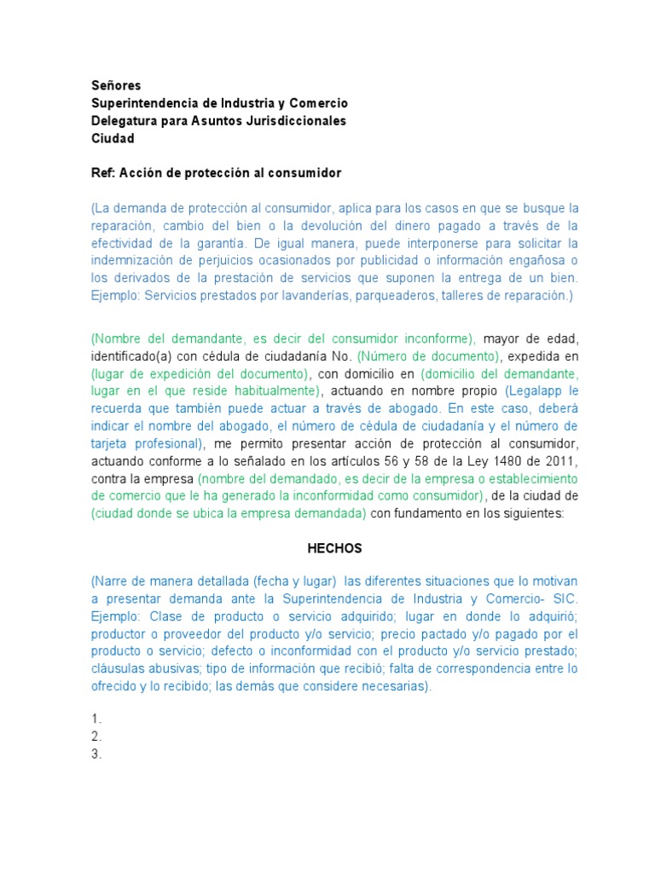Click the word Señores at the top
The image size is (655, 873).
coord(116,85)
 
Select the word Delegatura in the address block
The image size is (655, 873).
coord(125,121)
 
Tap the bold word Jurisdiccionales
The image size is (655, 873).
coord(295,121)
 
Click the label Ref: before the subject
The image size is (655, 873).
coord(102,173)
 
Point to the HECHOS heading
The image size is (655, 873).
coord(334,549)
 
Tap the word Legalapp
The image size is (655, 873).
coord(538,390)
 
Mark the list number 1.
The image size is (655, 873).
coord(96,720)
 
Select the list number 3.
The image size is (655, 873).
coord(96,754)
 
